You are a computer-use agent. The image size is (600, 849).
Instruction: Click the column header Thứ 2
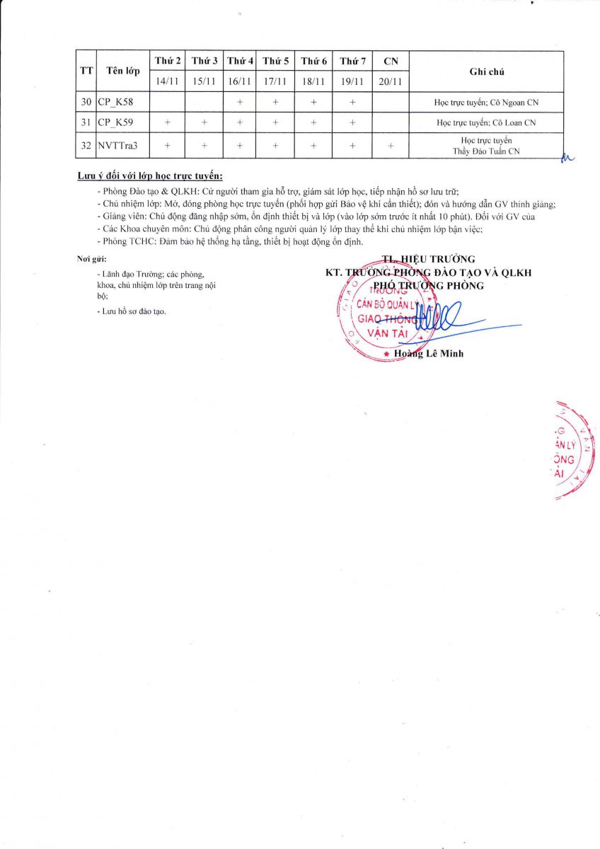pyautogui.click(x=168, y=62)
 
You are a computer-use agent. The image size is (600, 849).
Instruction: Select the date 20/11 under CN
pyautogui.click(x=391, y=81)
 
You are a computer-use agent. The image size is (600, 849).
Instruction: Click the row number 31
pyautogui.click(x=86, y=122)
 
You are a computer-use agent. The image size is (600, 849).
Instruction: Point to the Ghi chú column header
pyautogui.click(x=486, y=71)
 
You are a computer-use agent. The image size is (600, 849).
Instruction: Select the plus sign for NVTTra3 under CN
pyautogui.click(x=391, y=146)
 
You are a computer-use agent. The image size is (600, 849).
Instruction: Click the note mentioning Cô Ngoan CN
pyautogui.click(x=486, y=103)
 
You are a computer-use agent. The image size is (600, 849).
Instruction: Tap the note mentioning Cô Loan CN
pyautogui.click(x=486, y=122)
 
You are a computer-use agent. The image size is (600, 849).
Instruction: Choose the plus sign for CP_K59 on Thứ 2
pyautogui.click(x=168, y=122)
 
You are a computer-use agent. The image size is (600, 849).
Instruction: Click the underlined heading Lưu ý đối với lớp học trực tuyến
pyautogui.click(x=150, y=175)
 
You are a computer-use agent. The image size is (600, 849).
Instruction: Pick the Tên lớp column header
pyautogui.click(x=123, y=71)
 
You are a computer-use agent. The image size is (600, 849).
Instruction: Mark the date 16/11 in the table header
pyautogui.click(x=240, y=81)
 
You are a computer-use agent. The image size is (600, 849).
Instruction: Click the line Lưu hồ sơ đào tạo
pyautogui.click(x=131, y=311)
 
